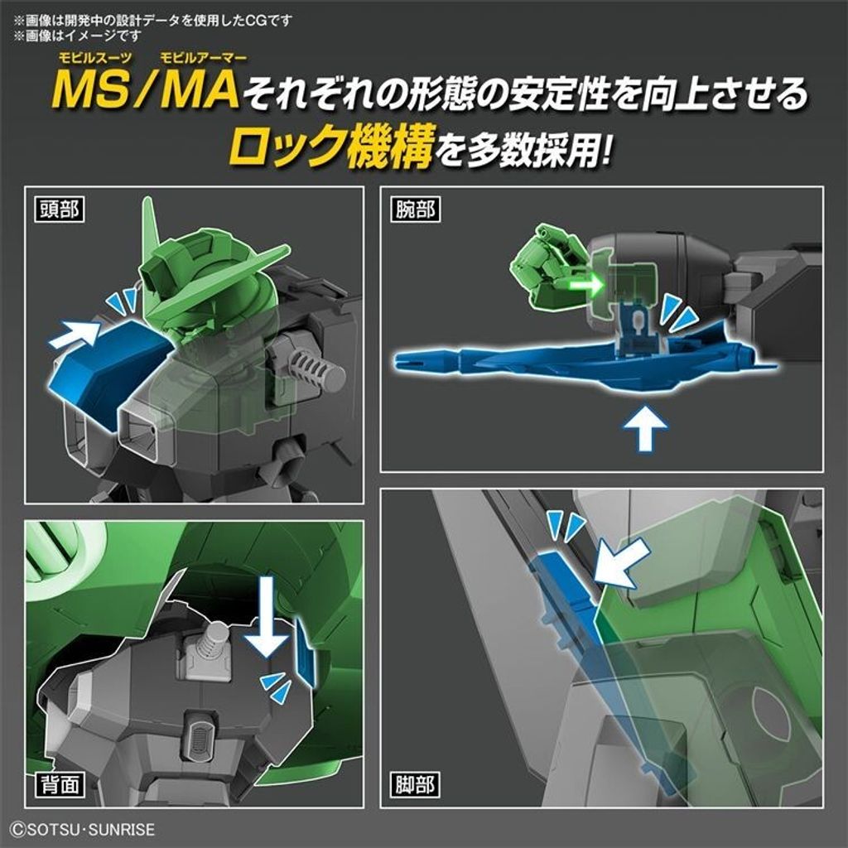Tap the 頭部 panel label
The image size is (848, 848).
(x=57, y=209)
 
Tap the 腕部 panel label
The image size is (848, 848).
(x=413, y=209)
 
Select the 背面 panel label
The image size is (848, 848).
(x=57, y=783)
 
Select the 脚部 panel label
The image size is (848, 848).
(x=413, y=783)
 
